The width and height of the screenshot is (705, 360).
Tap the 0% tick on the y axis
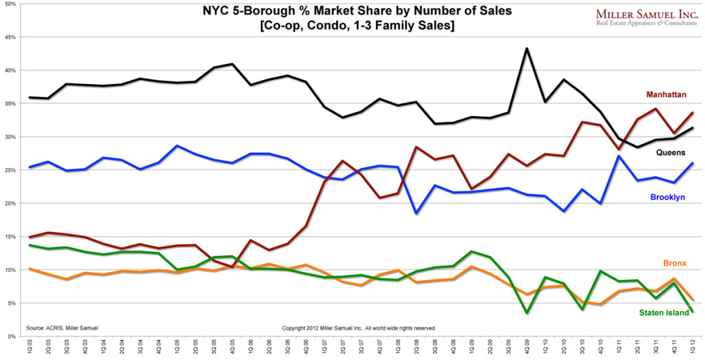click(x=12, y=337)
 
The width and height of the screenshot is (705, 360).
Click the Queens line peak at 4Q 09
click(x=527, y=49)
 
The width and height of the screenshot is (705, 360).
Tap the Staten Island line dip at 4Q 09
click(x=527, y=313)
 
